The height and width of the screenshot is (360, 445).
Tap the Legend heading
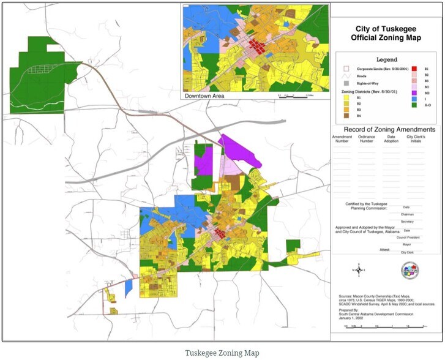pos(386,60)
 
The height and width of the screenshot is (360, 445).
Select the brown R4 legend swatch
pos(346,115)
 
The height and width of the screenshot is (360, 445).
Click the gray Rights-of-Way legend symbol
pos(346,82)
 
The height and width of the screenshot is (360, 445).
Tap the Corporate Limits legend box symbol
pos(346,69)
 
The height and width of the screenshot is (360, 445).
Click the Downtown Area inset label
pos(204,96)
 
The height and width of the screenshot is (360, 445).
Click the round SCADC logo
pos(410,269)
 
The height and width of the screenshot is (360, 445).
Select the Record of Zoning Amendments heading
pos(389,130)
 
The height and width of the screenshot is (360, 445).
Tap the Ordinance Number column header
pos(366,139)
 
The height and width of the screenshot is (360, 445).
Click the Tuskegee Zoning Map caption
pos(222,353)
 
